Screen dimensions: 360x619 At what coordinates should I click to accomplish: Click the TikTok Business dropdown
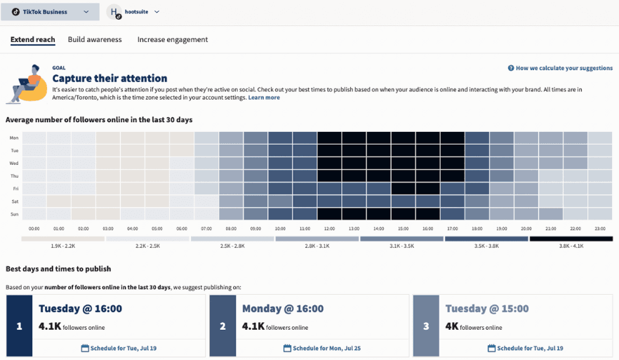coord(49,12)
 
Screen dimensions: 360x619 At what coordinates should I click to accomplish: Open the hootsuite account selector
coord(134,12)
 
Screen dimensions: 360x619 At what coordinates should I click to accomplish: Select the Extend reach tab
coord(32,40)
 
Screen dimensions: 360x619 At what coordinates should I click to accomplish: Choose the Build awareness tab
coord(95,40)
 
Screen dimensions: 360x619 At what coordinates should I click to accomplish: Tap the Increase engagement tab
coord(173,40)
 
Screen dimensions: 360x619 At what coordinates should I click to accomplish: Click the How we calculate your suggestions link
coord(560,68)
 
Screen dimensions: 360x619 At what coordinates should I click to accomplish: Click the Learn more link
coord(264,98)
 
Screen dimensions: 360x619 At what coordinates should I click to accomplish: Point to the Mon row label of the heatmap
coord(14,138)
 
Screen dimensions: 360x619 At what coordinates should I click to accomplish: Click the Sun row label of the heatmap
coord(14,213)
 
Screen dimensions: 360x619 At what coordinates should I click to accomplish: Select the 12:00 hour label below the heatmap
coord(329,229)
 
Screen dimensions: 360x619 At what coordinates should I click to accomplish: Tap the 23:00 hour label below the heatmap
coord(599,229)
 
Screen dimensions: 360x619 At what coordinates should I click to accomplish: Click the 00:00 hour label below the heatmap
coord(34,229)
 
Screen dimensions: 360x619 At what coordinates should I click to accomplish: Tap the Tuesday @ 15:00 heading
coord(486,309)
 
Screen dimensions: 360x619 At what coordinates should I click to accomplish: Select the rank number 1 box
coord(20,326)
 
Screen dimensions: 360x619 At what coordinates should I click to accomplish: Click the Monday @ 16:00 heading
coord(283,309)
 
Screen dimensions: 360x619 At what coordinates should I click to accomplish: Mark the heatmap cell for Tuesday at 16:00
coord(427,151)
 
